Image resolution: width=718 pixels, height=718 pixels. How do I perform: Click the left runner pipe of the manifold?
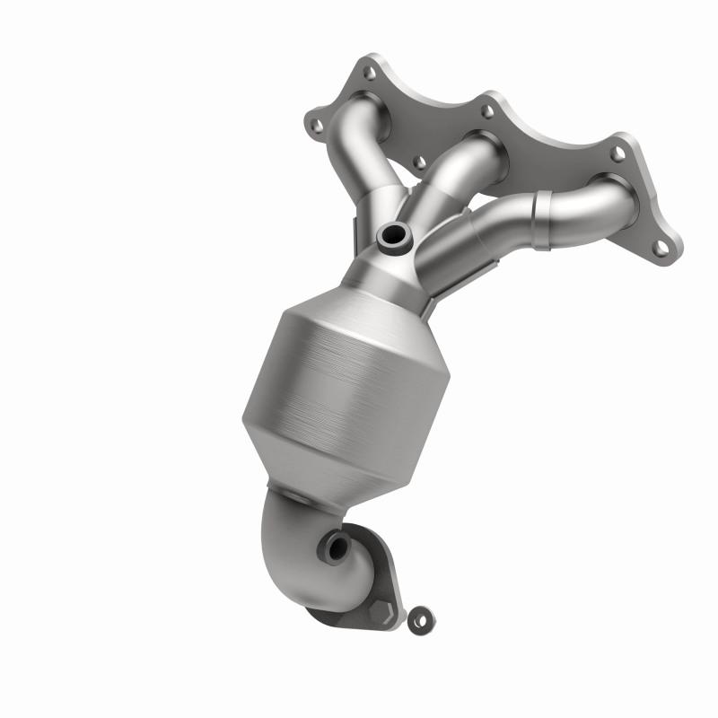359,171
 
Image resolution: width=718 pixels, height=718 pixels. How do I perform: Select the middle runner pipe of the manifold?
458,171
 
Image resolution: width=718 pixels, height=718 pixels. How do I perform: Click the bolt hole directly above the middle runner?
487,111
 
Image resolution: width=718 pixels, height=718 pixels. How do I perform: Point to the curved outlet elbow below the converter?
296,547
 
